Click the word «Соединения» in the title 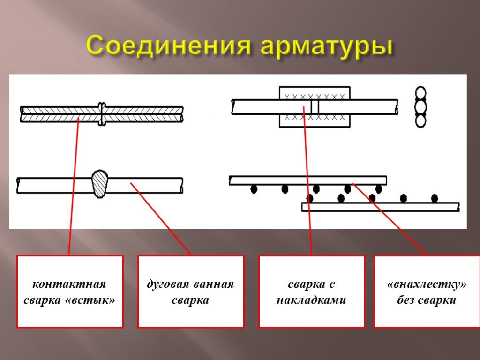169,46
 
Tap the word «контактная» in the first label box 69,284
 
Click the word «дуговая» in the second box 168,285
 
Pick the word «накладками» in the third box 311,300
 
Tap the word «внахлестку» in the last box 427,284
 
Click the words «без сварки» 427,300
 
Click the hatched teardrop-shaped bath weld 100,184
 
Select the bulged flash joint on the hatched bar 102,114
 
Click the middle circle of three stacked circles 420,107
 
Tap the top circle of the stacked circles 420,94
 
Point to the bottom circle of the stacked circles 420,120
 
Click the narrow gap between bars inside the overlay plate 315,107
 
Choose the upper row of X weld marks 315,97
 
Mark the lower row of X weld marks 315,117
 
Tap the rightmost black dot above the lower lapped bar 435,198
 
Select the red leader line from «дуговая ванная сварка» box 161,219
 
